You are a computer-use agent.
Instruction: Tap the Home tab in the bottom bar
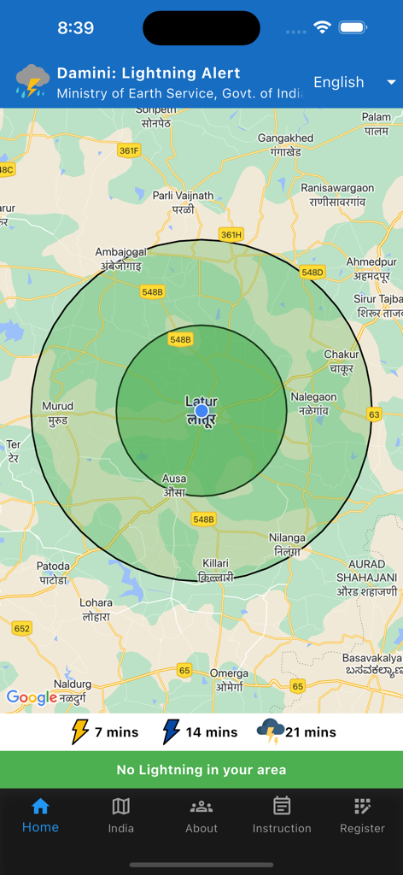coord(40,815)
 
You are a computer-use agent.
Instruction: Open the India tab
coord(121,815)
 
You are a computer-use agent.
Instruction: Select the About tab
coord(201,815)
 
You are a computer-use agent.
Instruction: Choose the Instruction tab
coord(282,815)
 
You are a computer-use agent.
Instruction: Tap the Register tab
coord(362,815)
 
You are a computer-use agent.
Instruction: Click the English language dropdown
coord(353,82)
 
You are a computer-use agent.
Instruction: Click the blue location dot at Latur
coord(201,412)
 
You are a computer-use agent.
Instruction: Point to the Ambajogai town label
coord(121,258)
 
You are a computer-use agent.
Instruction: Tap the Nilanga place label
coord(287,544)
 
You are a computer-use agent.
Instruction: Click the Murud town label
coord(57,413)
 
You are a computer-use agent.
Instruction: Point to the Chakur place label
coord(341,361)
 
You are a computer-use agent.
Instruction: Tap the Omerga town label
coord(229,680)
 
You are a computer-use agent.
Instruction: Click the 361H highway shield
coord(231,234)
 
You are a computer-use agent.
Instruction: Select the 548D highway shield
coord(312,273)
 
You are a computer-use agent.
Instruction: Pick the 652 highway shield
coord(22,628)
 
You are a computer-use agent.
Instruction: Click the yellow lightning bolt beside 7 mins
coord(79,731)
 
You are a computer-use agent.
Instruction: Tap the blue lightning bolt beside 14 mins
coord(172,731)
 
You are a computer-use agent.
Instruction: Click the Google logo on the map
coord(32,697)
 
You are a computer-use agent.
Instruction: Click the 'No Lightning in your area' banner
coord(201,770)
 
